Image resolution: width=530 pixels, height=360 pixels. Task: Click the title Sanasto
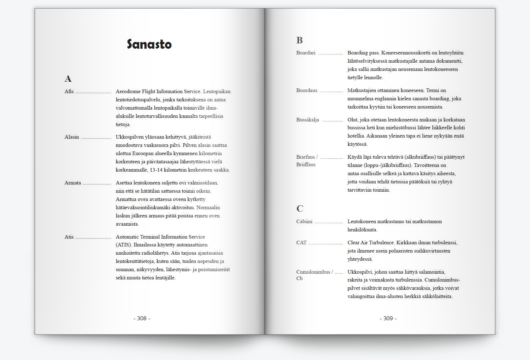click(x=149, y=44)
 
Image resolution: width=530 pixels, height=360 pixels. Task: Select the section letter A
click(x=68, y=79)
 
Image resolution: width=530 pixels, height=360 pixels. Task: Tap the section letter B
click(x=299, y=40)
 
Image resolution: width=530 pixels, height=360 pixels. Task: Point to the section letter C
click(x=300, y=209)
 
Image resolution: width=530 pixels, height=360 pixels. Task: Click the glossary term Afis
click(x=69, y=91)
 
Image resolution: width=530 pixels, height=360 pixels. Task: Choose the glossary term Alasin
click(x=72, y=137)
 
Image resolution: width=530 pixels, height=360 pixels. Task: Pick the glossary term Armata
click(x=73, y=183)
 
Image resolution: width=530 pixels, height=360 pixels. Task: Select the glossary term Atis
click(x=69, y=237)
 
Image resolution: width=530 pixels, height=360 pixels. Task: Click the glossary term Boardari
click(x=306, y=53)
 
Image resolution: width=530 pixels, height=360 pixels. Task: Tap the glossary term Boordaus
click(x=307, y=90)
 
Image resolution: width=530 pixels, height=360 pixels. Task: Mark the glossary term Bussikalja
click(x=308, y=120)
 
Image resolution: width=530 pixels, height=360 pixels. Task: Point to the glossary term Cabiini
click(x=304, y=221)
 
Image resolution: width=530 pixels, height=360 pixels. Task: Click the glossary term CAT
click(x=301, y=243)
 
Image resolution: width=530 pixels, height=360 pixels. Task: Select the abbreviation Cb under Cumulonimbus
click(x=299, y=278)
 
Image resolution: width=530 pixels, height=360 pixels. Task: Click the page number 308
click(x=142, y=318)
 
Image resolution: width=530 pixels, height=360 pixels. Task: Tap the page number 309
click(x=388, y=318)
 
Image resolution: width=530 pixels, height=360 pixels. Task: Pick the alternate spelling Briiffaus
click(x=306, y=164)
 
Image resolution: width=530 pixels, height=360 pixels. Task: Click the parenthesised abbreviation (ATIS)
click(x=124, y=245)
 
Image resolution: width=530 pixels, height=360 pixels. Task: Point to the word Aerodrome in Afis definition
click(x=128, y=91)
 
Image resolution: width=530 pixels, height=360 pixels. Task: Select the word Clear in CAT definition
click(x=354, y=243)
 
